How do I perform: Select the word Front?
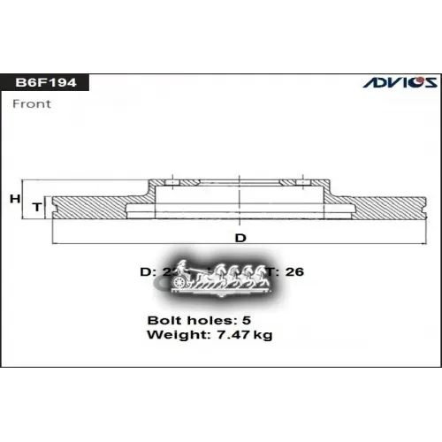(33, 103)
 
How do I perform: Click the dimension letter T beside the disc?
(37, 207)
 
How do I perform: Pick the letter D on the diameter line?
(240, 239)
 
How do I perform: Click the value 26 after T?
(295, 271)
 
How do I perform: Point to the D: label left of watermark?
(147, 271)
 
